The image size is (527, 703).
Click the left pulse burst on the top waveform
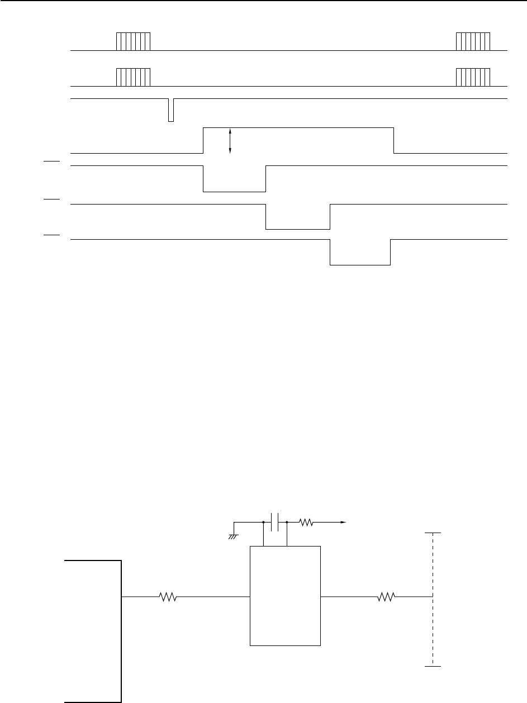pyautogui.click(x=133, y=42)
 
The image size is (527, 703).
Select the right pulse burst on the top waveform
pyautogui.click(x=473, y=42)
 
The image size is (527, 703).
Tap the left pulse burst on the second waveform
pyautogui.click(x=133, y=78)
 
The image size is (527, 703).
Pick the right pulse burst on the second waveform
pyautogui.click(x=473, y=78)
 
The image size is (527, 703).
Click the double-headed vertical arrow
pyautogui.click(x=230, y=140)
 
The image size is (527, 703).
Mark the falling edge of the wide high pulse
pyautogui.click(x=394, y=140)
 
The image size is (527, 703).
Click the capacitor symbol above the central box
pyautogui.click(x=274, y=522)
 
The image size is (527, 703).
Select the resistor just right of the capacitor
pyautogui.click(x=306, y=522)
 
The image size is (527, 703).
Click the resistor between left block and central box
pyautogui.click(x=168, y=597)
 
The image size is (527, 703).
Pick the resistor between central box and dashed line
pyautogui.click(x=386, y=597)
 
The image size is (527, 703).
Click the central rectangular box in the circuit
pyautogui.click(x=285, y=597)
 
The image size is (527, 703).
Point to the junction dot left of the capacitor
pyautogui.click(x=263, y=522)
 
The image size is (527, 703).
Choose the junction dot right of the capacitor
pyautogui.click(x=287, y=522)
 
